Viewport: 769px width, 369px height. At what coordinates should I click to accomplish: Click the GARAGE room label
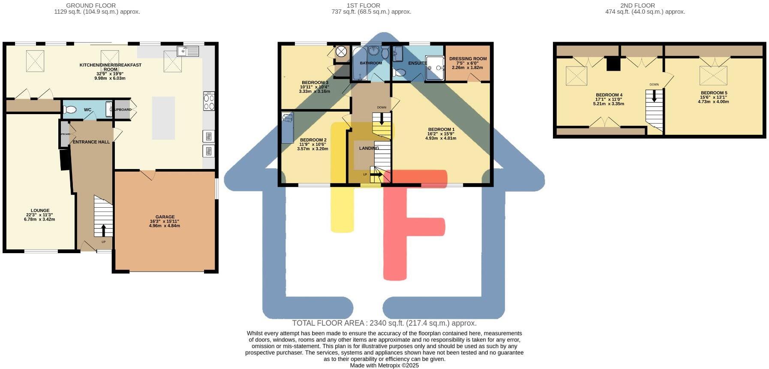pyautogui.click(x=165, y=217)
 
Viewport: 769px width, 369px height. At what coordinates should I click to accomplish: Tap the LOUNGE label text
pyautogui.click(x=40, y=211)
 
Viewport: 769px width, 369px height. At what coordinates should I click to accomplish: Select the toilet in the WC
pyautogui.click(x=70, y=110)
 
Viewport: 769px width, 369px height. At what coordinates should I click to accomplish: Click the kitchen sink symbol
pyautogui.click(x=188, y=51)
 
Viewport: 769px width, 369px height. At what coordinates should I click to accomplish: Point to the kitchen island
pyautogui.click(x=163, y=118)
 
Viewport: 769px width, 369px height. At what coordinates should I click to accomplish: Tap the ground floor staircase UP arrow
pyautogui.click(x=103, y=230)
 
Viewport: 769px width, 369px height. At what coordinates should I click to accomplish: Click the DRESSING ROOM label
pyautogui.click(x=468, y=59)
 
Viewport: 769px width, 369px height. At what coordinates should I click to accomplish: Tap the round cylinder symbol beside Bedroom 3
pyautogui.click(x=341, y=52)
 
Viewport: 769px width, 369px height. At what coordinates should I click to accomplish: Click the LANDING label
pyautogui.click(x=369, y=148)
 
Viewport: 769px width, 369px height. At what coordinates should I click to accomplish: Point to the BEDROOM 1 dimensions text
pyautogui.click(x=441, y=136)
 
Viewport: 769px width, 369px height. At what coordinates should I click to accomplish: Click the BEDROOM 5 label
pyautogui.click(x=714, y=93)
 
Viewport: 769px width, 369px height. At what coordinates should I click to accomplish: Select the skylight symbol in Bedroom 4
pyautogui.click(x=577, y=76)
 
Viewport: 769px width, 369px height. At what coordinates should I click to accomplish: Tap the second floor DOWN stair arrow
pyautogui.click(x=654, y=97)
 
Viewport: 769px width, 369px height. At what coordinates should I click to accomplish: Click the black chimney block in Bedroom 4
pyautogui.click(x=613, y=64)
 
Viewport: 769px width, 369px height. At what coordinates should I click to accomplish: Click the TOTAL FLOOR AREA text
pyautogui.click(x=384, y=323)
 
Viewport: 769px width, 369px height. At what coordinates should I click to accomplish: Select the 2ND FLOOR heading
pyautogui.click(x=637, y=6)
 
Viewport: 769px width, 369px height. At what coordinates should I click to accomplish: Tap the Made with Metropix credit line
pyautogui.click(x=384, y=366)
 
